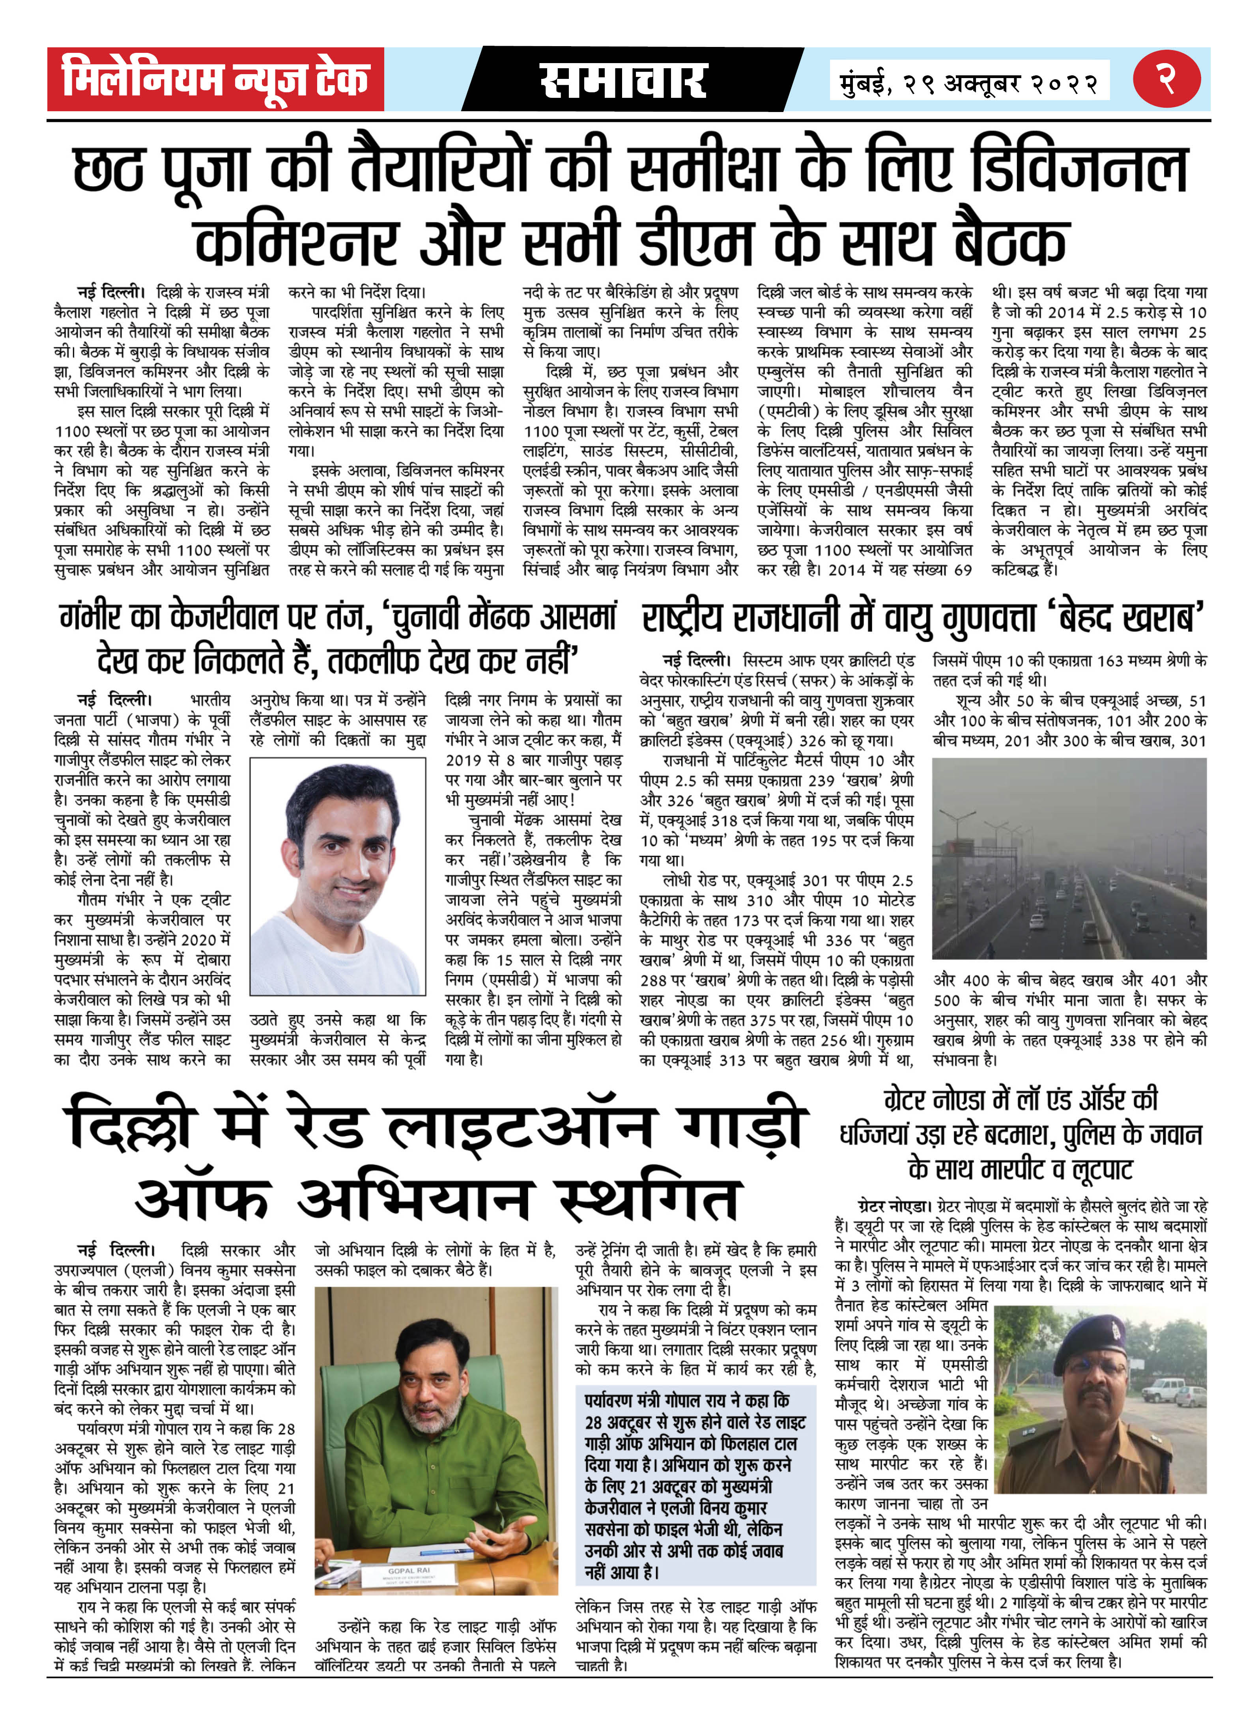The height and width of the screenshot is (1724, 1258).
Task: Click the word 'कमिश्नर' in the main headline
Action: click(295, 242)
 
